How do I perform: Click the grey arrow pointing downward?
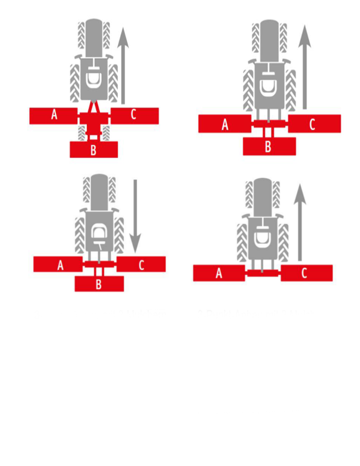[135, 216]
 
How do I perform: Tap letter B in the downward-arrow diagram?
[99, 285]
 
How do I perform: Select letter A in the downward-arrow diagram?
[60, 265]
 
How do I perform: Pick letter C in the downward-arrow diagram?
[141, 265]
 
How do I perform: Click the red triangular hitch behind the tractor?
[94, 107]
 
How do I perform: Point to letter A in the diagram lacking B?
[219, 273]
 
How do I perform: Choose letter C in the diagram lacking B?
[304, 273]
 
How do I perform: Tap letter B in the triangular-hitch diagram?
[93, 150]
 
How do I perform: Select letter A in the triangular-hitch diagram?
[54, 114]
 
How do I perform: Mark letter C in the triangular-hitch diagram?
[133, 114]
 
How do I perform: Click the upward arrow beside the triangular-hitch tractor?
[123, 66]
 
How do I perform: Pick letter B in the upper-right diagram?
[268, 146]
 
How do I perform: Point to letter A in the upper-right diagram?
[225, 125]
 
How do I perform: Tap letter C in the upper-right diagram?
[312, 125]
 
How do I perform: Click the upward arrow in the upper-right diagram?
[304, 67]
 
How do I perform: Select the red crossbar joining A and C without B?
[263, 273]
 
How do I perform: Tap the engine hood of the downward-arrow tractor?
[99, 192]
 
